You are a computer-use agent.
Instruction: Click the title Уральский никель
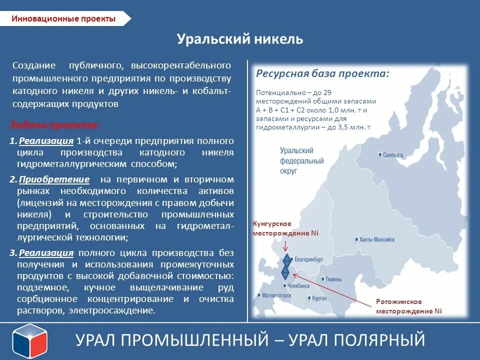coord(240,39)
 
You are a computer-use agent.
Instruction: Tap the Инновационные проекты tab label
coord(63,19)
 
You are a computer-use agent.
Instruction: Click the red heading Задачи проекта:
coord(55,125)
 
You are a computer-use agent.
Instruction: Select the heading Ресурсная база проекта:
coord(322,73)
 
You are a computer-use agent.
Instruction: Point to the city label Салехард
coord(393,155)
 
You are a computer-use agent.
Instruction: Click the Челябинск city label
coord(303,286)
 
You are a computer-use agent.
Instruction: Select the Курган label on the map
coord(318,298)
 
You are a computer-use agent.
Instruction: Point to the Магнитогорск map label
coord(274,295)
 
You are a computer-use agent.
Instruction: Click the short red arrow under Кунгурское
coord(285,246)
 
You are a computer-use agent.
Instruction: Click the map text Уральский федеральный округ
coord(301,160)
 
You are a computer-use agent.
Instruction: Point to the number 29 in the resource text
coord(327,93)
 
